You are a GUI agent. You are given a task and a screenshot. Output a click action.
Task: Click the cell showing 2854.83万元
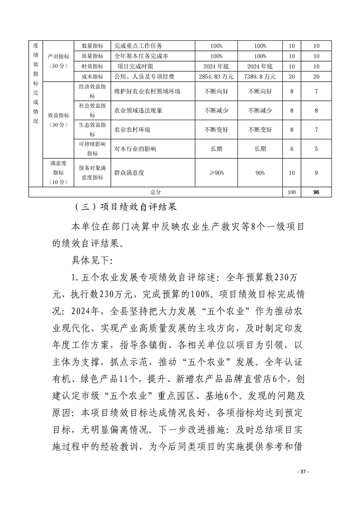coord(216,77)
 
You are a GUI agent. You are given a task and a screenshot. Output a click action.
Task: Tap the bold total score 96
coord(316,192)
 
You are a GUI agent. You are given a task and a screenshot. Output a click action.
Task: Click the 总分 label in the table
coord(155,192)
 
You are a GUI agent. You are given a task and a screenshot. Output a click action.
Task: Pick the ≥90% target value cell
coord(216,173)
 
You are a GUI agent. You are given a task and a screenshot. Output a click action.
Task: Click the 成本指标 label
coord(92,77)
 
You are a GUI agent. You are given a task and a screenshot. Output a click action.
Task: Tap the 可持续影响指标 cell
coord(92,149)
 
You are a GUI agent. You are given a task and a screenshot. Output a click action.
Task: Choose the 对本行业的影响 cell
coord(135,149)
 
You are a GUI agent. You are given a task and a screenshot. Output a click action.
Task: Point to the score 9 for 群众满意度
coord(316,173)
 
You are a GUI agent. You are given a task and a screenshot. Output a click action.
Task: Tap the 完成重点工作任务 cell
coord(138,46)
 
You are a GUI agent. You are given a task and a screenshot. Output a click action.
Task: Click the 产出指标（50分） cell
coord(59,61)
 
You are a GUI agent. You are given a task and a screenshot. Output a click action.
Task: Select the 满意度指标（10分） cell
coord(59,173)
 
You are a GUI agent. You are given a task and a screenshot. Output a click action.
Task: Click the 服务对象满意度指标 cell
coord(92,173)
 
